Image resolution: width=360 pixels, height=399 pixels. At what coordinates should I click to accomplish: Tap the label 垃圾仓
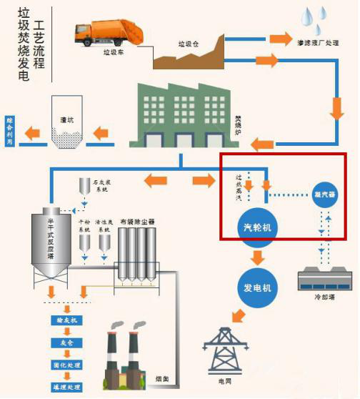[x=186, y=44]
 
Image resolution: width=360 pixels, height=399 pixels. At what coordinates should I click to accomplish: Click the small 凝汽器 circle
[x=323, y=194]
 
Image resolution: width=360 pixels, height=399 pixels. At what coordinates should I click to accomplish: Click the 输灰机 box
[x=66, y=321]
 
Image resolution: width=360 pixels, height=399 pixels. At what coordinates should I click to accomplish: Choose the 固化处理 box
[x=66, y=365]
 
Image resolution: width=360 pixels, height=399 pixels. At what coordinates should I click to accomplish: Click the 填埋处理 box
[x=66, y=386]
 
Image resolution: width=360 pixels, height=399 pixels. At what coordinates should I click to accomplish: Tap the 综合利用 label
[x=9, y=131]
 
